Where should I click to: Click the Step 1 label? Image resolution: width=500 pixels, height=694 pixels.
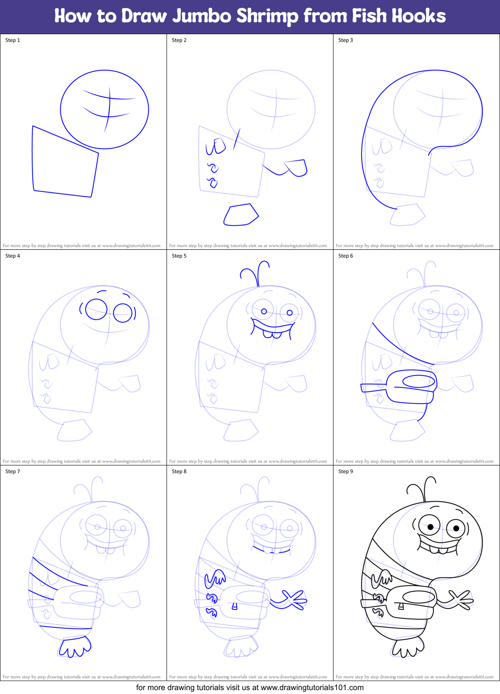[x=13, y=40]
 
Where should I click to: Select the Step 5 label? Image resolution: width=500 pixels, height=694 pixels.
[x=179, y=256]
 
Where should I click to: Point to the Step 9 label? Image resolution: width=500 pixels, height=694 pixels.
[x=346, y=471]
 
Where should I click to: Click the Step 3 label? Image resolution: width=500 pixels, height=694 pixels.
[x=346, y=40]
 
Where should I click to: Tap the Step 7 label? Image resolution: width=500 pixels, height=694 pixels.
[x=13, y=471]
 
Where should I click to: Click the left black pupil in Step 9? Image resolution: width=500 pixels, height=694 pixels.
[x=430, y=527]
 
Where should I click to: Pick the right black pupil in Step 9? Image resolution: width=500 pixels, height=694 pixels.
[x=456, y=528]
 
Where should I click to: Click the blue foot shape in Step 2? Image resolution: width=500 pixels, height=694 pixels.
[x=240, y=215]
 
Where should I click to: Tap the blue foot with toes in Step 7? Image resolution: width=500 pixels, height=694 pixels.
[x=75, y=647]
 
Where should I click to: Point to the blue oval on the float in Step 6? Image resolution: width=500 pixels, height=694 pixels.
[x=418, y=381]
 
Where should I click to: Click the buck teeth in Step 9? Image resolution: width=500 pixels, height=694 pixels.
[x=438, y=550]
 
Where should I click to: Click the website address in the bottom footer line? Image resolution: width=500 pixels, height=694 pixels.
[x=312, y=688]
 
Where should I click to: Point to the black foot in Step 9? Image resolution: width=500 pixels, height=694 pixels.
[x=407, y=646]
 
